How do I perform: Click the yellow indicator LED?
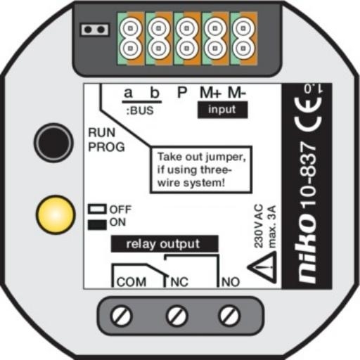[x=56, y=214]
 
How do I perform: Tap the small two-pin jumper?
[x=95, y=30]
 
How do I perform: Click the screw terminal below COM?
[x=121, y=316]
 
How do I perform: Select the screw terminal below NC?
[x=176, y=316]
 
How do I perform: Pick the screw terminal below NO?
[x=229, y=316]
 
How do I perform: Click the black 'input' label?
[x=222, y=110]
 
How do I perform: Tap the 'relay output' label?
[x=165, y=244]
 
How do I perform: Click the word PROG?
[x=106, y=147]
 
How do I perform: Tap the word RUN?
[x=102, y=133]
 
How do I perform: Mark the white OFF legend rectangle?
[x=97, y=209]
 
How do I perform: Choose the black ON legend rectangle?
[x=97, y=224]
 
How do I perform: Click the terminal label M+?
[x=210, y=93]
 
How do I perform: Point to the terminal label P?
[x=182, y=93]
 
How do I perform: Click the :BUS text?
[x=140, y=110]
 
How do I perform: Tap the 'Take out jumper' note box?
[x=201, y=169]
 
